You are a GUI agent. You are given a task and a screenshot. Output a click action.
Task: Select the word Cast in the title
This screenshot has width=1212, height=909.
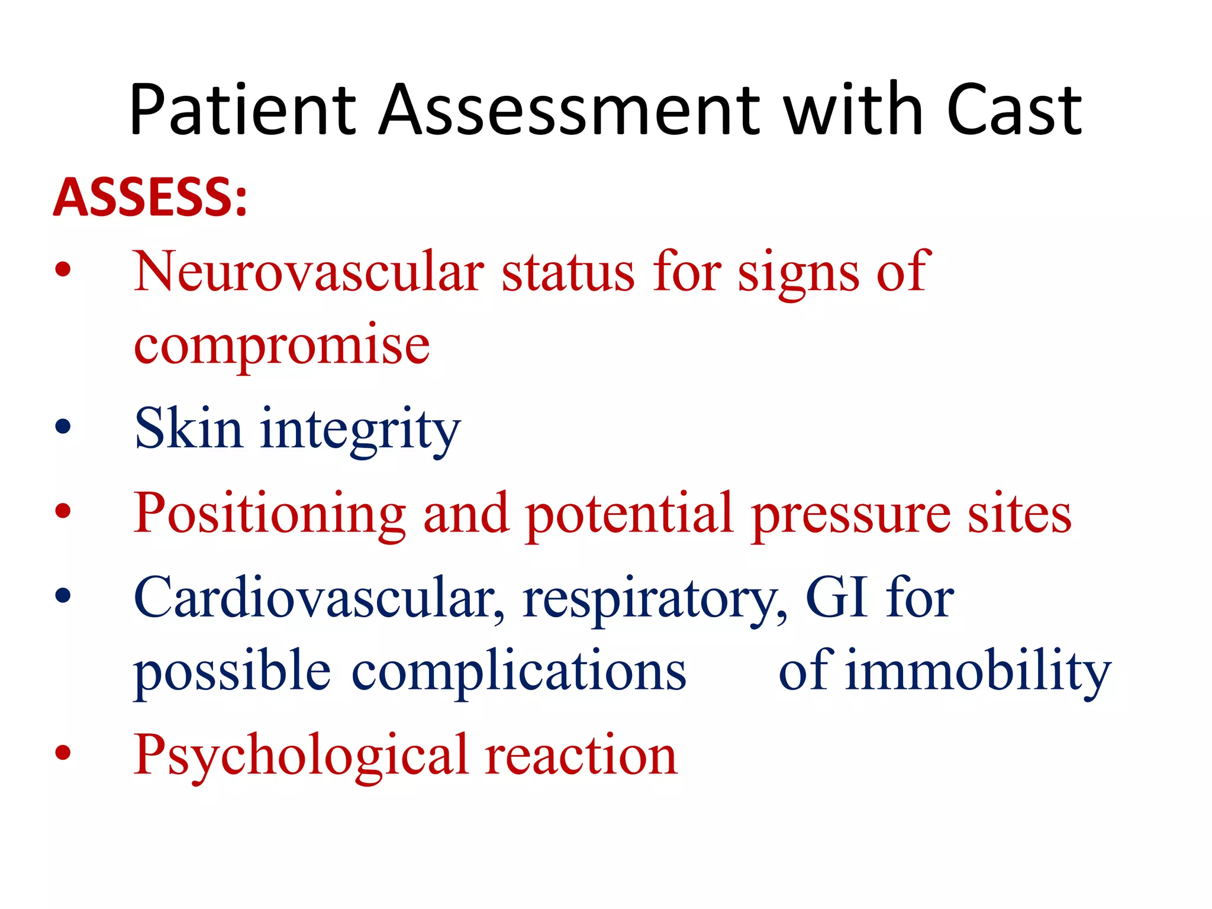[x=1014, y=111]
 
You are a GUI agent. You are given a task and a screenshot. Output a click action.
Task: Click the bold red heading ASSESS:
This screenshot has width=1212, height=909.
[x=150, y=197]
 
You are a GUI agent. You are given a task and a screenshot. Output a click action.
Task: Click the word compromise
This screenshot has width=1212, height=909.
[x=282, y=346]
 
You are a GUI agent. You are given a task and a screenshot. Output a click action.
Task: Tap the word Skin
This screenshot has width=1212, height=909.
[x=188, y=428]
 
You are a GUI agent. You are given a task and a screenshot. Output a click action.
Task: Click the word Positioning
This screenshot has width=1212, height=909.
[x=269, y=514]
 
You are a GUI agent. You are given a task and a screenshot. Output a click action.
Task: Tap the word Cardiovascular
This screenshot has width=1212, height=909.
[x=320, y=598]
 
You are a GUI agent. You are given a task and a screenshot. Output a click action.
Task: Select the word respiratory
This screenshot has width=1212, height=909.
[x=655, y=600]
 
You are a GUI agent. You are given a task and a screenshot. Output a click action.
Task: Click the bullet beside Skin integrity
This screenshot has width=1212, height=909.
[x=63, y=427]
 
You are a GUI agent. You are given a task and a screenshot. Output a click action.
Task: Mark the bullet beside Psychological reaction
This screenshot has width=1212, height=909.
[x=63, y=753]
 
